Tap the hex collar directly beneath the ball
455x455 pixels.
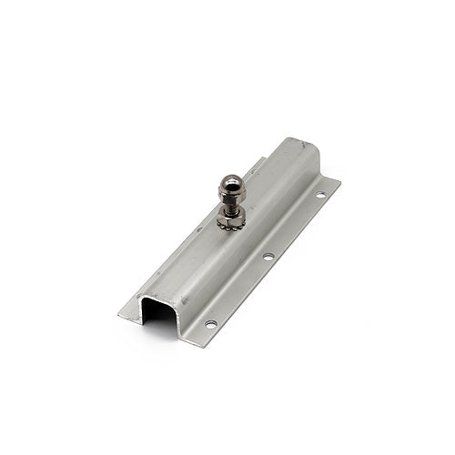point(231,197)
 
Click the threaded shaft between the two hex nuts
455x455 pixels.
point(230,207)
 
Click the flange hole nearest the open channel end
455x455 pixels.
point(211,324)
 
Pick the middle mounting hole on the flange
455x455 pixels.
point(268,257)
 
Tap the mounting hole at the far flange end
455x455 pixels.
point(319,195)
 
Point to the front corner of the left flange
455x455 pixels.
point(121,317)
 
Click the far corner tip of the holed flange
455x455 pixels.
point(339,181)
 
